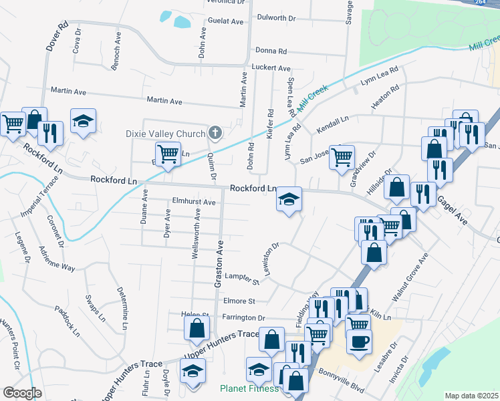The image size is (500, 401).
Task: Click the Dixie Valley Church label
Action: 165,134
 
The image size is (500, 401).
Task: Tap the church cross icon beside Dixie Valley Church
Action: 215,133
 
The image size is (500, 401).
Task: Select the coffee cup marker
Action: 359,341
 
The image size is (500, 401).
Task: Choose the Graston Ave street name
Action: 219,265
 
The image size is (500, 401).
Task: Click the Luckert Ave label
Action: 271,68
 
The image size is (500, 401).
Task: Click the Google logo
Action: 22,393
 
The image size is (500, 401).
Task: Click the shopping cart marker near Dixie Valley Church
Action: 168,154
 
